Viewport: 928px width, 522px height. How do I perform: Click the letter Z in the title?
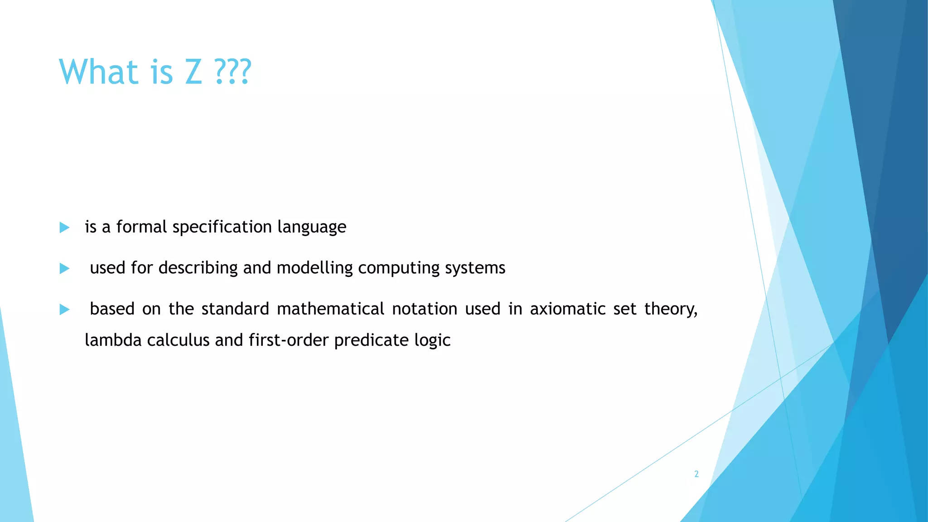click(193, 72)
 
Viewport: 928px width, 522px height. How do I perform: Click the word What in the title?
click(98, 72)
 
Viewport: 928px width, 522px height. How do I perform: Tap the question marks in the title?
click(233, 72)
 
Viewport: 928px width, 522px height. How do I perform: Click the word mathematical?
click(330, 309)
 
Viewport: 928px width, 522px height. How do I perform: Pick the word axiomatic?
click(568, 309)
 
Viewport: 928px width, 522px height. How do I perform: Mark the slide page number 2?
click(696, 474)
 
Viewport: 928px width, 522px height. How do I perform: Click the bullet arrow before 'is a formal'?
click(64, 227)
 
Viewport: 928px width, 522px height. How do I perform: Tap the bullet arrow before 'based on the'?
click(64, 309)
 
